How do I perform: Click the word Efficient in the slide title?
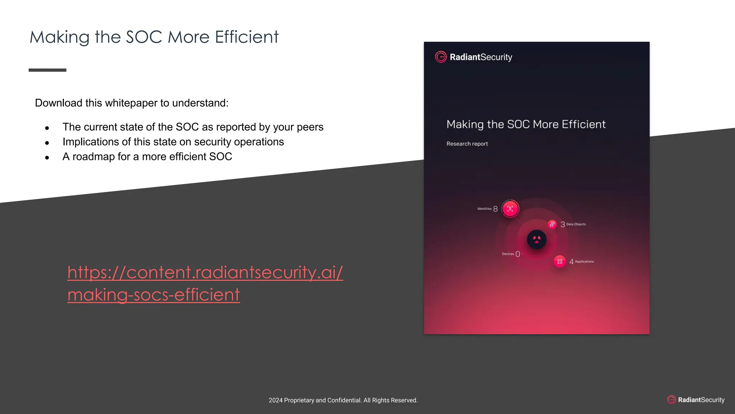tap(247, 37)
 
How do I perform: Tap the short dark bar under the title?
tap(47, 70)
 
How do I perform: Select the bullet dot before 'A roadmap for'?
tap(47, 157)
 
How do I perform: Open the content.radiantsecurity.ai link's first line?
tap(205, 272)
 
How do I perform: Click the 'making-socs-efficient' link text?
tap(154, 295)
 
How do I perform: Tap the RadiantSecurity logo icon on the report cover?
tap(441, 57)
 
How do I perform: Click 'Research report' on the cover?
tap(467, 144)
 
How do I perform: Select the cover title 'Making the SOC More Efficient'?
tap(526, 124)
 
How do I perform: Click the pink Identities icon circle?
tap(510, 209)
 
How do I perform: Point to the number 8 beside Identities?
tap(495, 209)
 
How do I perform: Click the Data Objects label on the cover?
tap(576, 224)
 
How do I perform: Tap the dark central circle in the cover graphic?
tap(537, 239)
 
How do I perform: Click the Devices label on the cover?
tap(508, 254)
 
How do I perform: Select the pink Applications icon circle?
tap(560, 262)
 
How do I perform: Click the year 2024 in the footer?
tap(275, 400)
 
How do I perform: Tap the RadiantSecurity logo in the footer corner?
tap(696, 400)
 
